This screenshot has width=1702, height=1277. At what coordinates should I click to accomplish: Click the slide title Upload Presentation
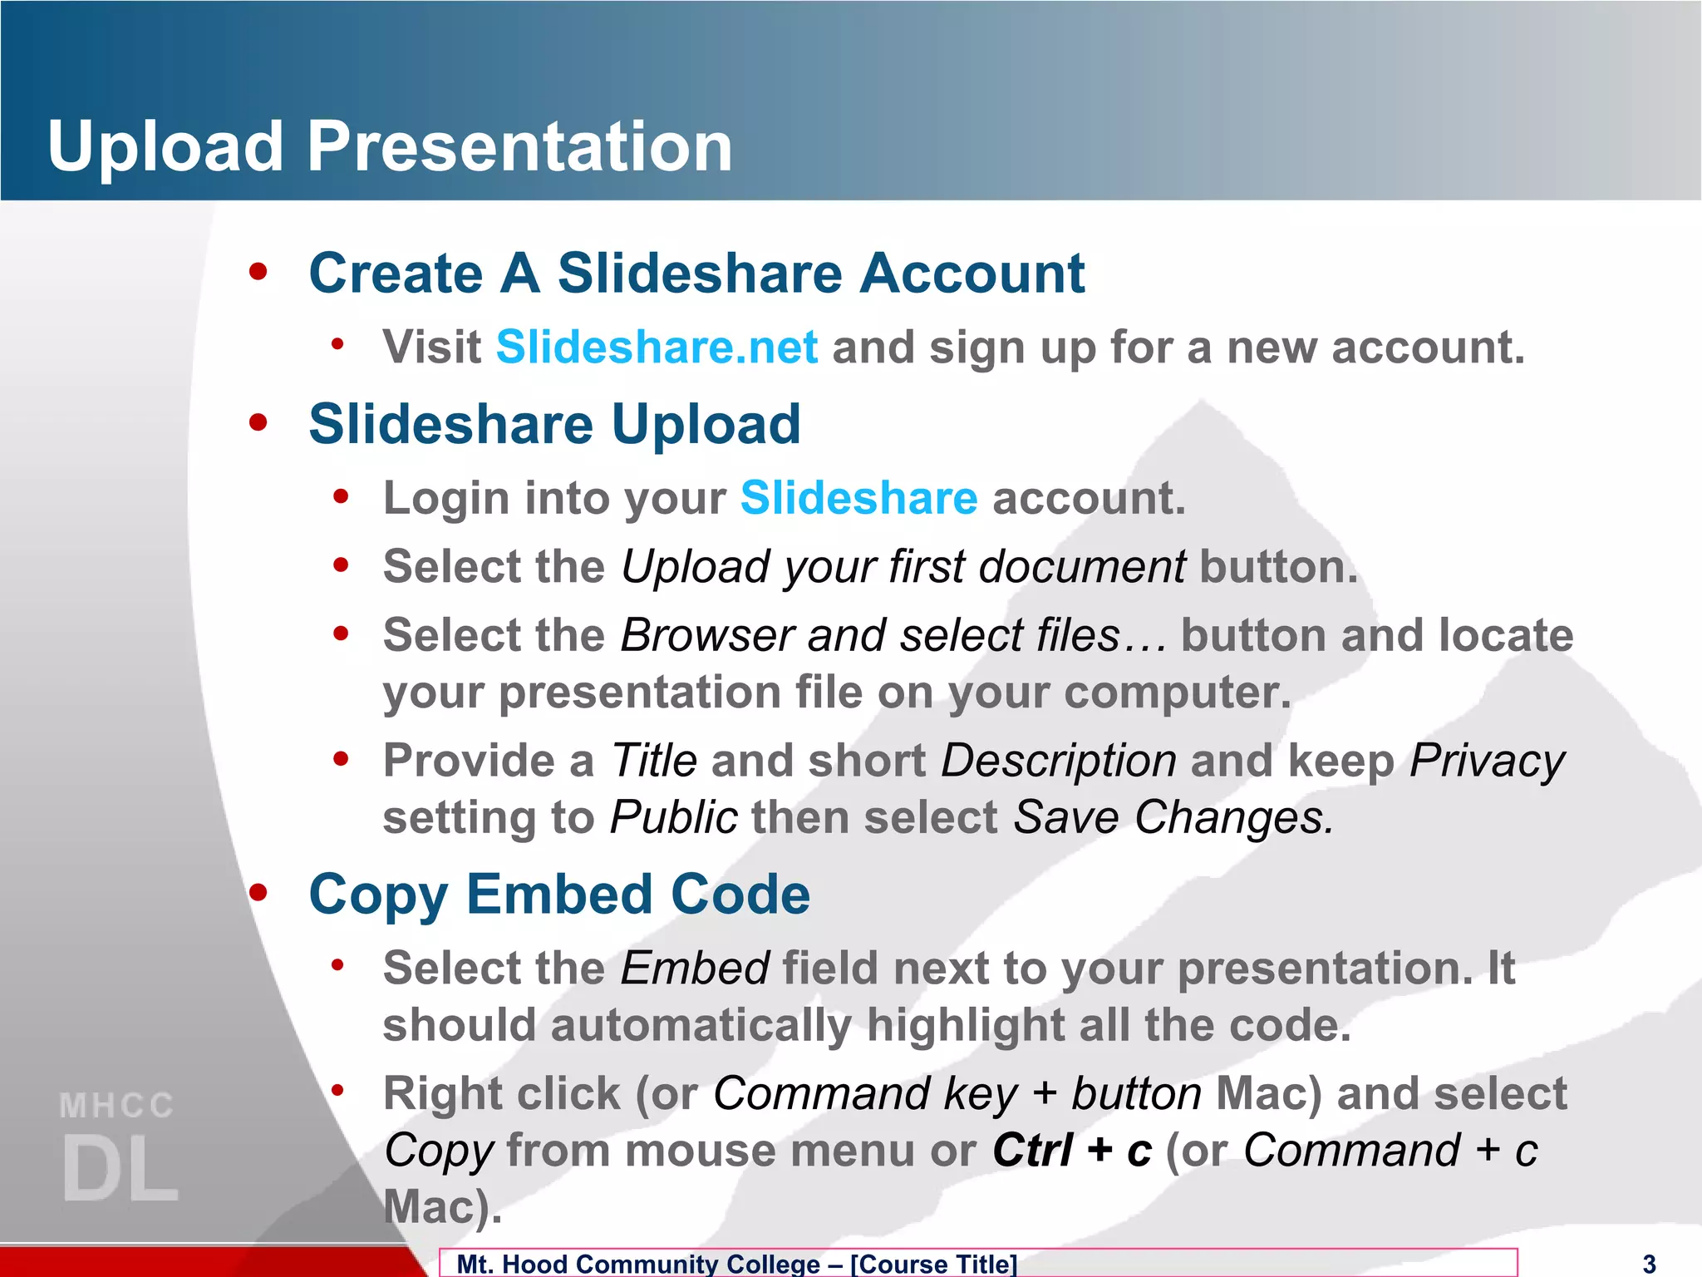click(x=390, y=147)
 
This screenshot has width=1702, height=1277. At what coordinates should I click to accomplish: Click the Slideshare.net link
click(x=657, y=347)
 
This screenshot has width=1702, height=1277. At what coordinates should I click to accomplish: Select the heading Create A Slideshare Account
click(x=696, y=274)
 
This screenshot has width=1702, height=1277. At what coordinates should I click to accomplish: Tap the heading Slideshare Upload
click(x=554, y=425)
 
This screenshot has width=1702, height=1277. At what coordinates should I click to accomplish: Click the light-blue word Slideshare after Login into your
click(x=858, y=498)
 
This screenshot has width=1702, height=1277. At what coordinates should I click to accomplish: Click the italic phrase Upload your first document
click(x=903, y=567)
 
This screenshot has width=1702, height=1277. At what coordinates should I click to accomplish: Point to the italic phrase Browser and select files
click(x=870, y=636)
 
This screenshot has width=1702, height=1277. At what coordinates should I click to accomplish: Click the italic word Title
click(x=653, y=761)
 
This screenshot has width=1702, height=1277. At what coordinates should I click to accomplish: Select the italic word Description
click(x=1058, y=761)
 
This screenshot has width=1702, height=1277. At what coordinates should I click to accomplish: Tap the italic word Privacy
click(x=1487, y=761)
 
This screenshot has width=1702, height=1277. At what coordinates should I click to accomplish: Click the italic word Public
click(x=673, y=817)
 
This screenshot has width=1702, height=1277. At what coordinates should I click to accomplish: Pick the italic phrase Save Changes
click(x=1173, y=817)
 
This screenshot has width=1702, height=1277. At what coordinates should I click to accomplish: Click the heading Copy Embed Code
click(x=559, y=895)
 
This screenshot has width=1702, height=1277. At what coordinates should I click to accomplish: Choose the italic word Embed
click(x=695, y=969)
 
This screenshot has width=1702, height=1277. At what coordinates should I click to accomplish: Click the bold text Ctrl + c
click(x=1072, y=1151)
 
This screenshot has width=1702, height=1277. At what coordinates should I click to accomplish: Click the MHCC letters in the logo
click(x=116, y=1107)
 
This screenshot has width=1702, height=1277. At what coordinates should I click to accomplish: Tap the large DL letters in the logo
click(x=120, y=1169)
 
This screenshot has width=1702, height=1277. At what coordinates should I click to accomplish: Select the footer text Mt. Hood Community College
click(x=638, y=1264)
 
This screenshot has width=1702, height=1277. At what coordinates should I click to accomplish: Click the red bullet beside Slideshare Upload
click(x=258, y=422)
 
